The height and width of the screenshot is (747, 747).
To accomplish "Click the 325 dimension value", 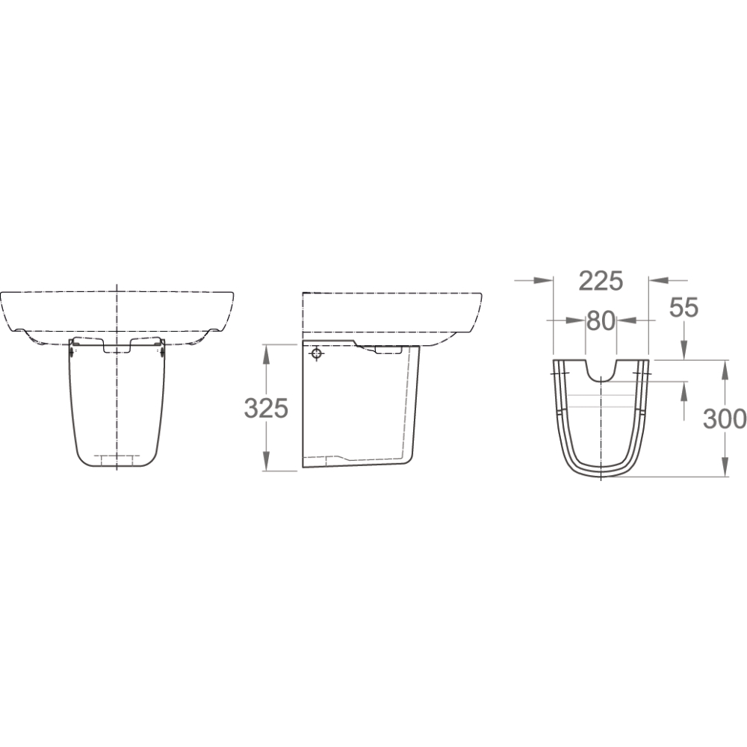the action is click(266, 409).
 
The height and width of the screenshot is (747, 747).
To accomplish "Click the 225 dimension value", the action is click(601, 281).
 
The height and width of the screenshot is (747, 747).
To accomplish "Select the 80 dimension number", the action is click(601, 321).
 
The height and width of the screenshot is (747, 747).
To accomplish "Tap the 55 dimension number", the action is click(684, 307).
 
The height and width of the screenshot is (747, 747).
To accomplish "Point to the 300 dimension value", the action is click(725, 419).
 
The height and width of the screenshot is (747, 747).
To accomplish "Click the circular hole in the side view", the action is click(316, 354).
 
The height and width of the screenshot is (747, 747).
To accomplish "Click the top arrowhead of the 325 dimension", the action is click(266, 354).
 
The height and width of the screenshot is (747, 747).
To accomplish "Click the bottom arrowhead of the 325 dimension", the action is click(266, 461).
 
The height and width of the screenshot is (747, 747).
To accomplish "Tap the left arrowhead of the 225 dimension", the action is click(543, 281).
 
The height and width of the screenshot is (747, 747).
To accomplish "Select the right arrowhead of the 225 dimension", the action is click(658, 281).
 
